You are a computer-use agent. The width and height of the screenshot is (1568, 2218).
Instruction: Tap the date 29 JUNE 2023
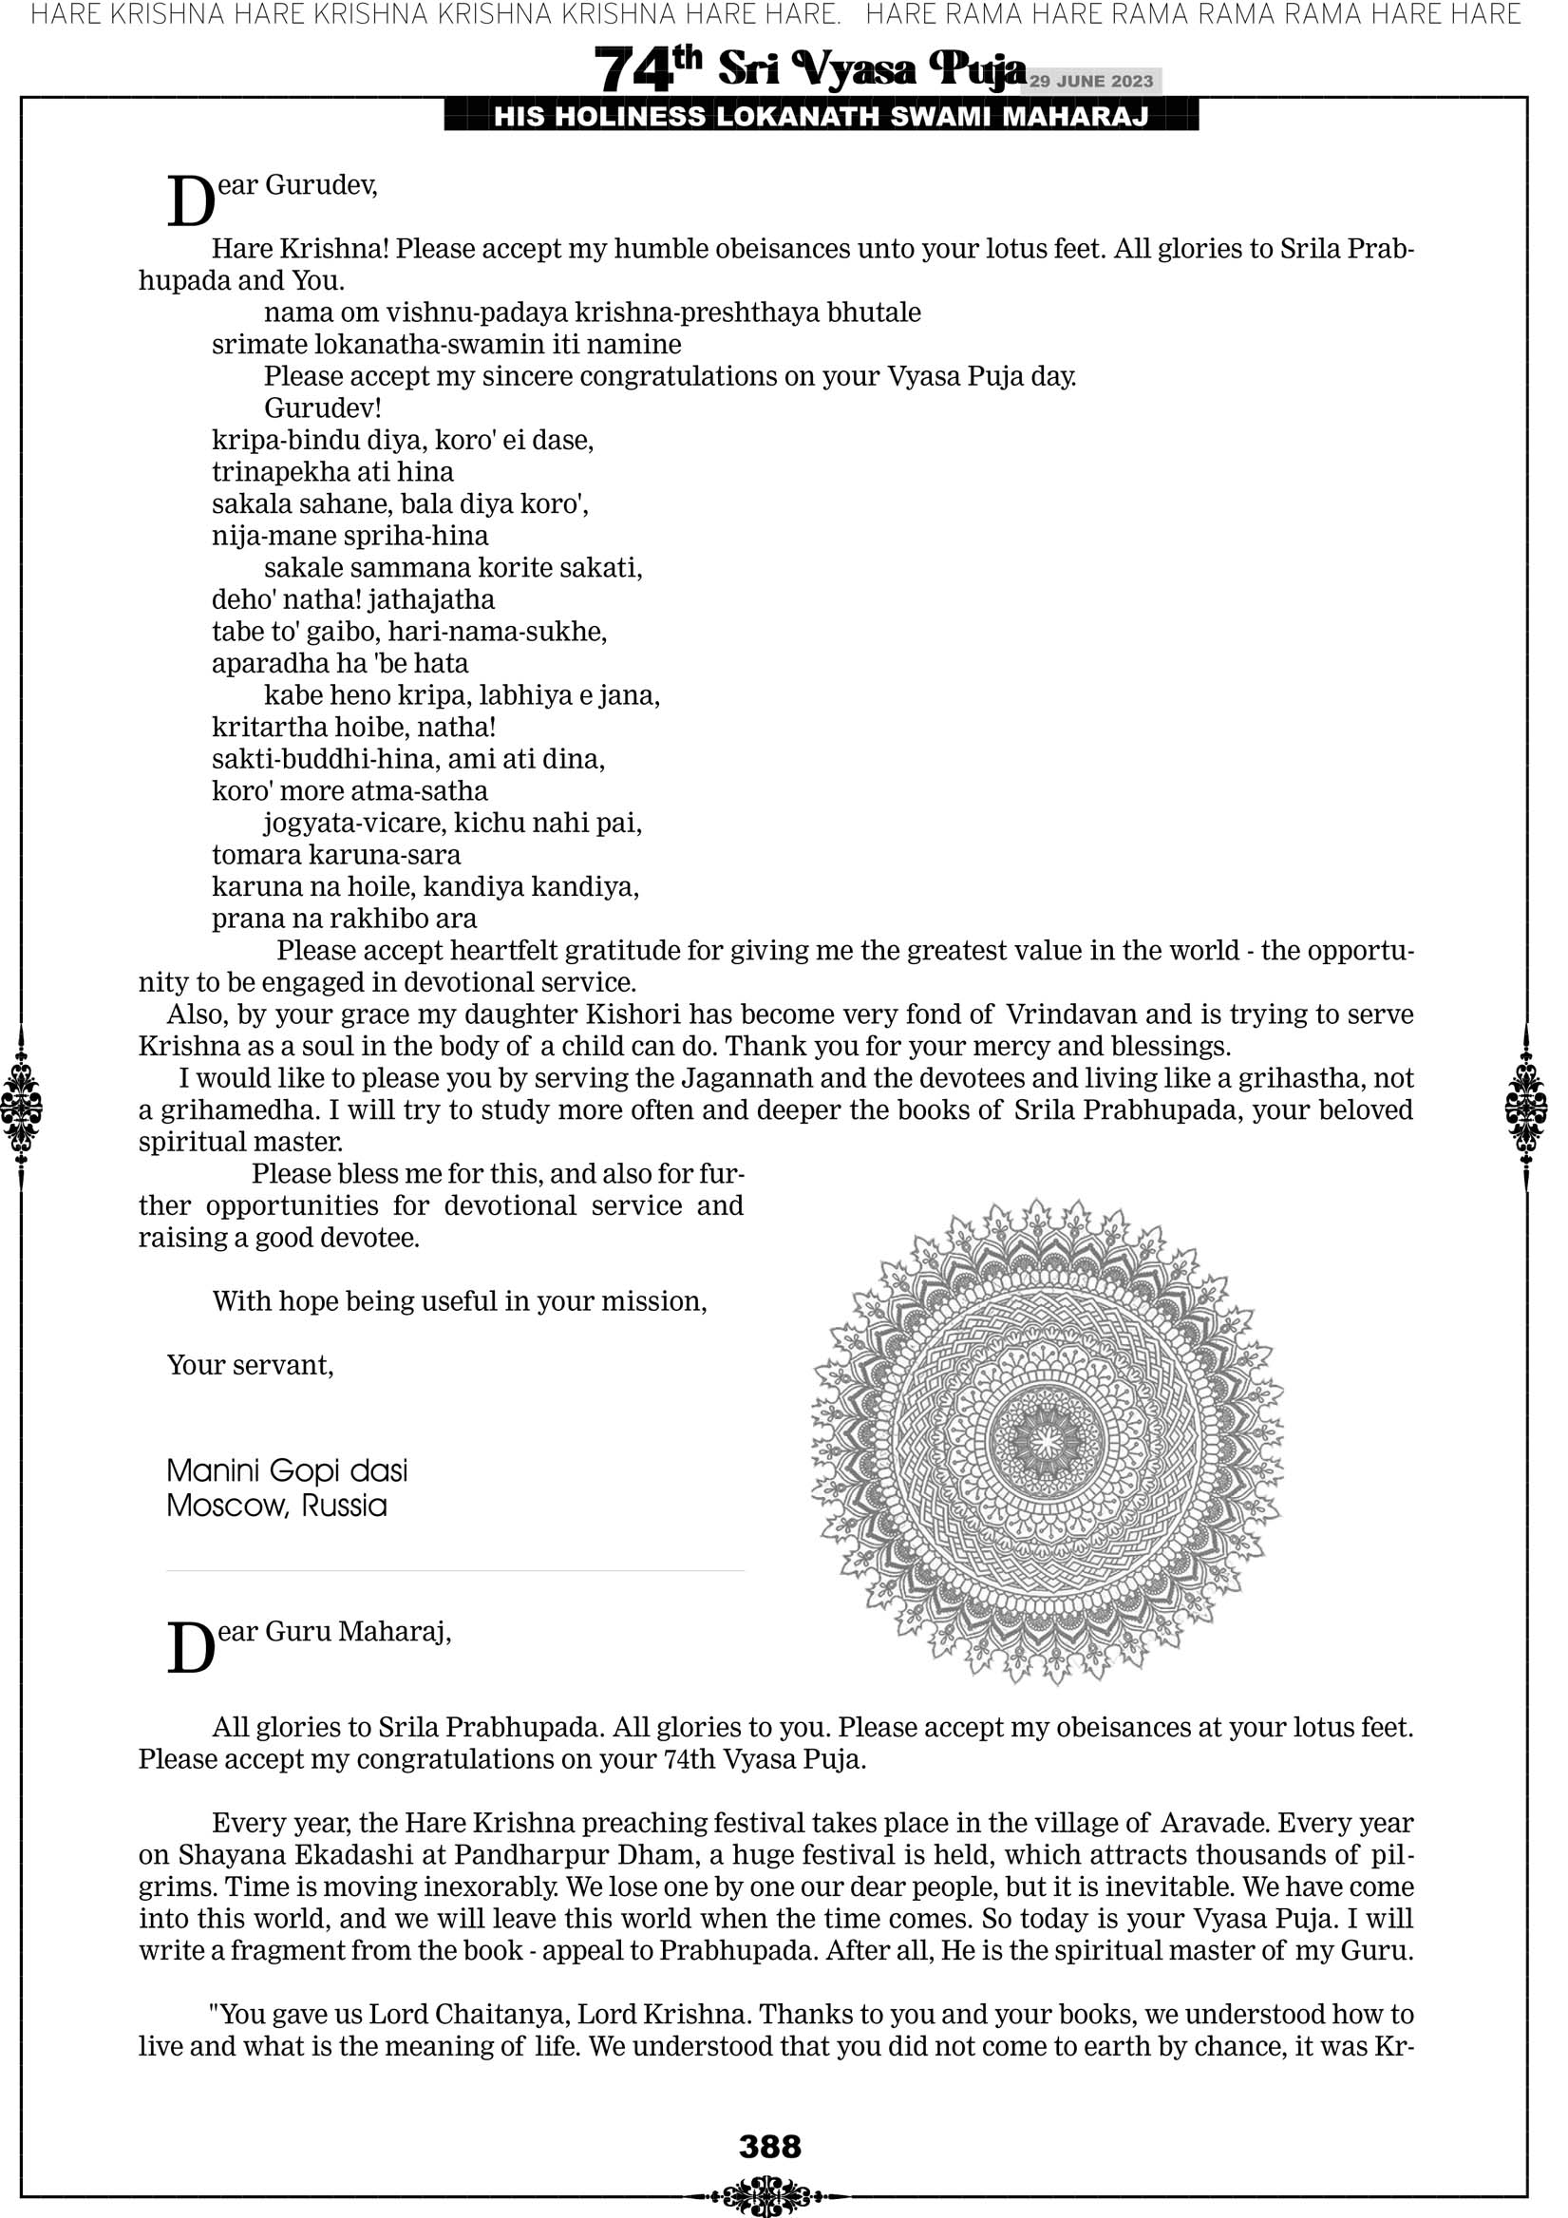click(1090, 81)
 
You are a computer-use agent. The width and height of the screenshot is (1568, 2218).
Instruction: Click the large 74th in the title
click(648, 69)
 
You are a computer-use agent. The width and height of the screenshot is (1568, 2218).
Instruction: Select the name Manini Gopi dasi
click(287, 1471)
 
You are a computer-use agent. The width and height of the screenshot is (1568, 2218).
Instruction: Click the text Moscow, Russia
click(276, 1506)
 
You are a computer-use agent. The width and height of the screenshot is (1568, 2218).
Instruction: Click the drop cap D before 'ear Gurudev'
click(190, 202)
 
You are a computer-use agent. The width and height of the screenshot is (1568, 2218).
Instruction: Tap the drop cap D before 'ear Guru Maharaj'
click(190, 1648)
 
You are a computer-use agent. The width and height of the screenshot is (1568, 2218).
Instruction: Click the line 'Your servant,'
click(250, 1365)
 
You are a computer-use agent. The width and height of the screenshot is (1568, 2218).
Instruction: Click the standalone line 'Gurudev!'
click(323, 408)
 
